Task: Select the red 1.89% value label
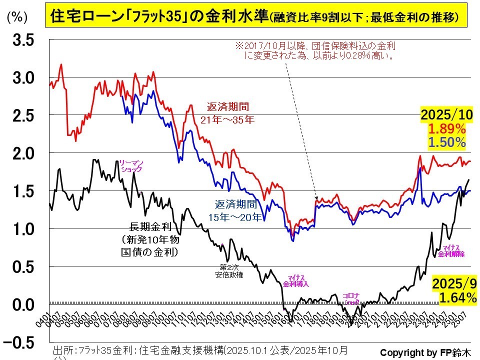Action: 447,129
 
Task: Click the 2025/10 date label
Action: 446,115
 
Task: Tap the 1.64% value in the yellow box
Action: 457,298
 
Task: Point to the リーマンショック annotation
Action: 131,166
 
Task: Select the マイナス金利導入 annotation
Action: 296,280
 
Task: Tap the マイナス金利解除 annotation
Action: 451,251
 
